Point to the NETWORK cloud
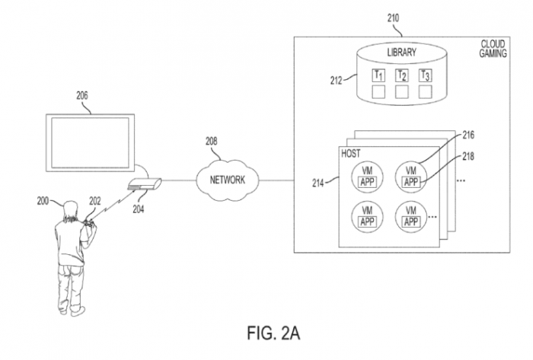click(225, 180)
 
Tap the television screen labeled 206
click(90, 142)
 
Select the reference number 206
click(81, 97)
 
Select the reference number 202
click(94, 202)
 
